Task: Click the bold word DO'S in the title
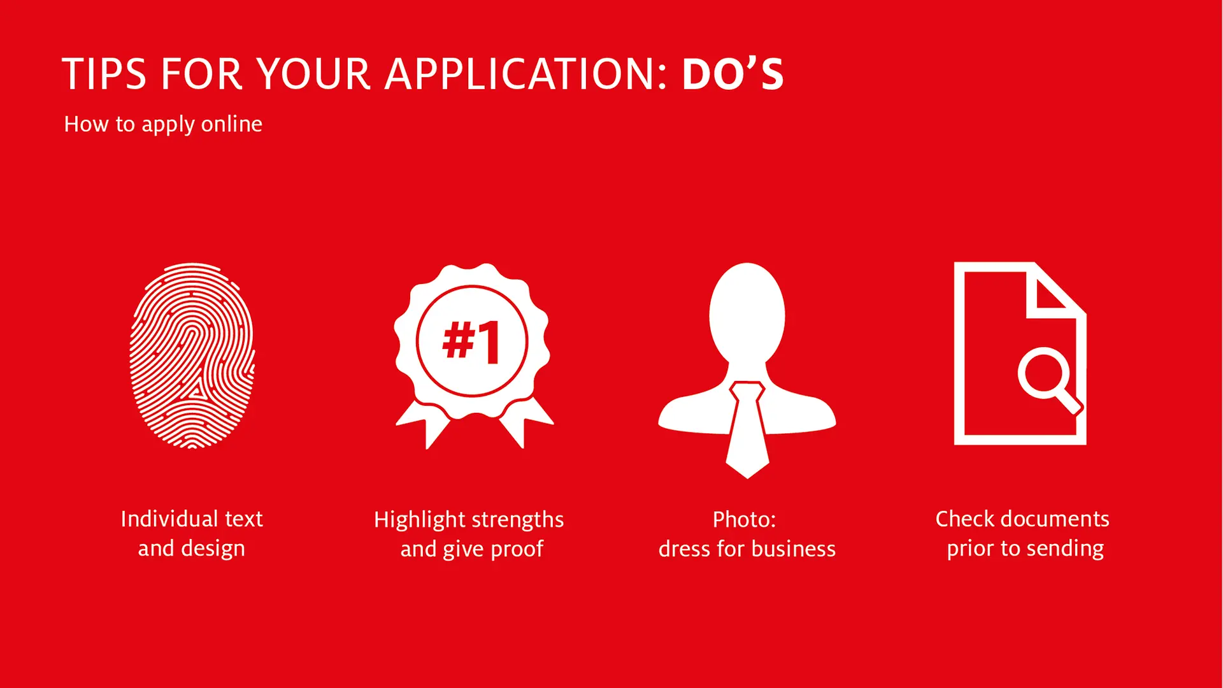733,74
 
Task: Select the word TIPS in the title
104,74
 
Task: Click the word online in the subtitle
231,124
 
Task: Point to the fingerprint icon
192,355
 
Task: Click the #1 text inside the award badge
471,341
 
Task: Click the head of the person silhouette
747,313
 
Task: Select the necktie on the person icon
747,430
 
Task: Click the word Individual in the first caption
164,519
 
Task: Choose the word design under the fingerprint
213,549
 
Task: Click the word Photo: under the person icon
744,520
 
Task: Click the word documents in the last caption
1055,519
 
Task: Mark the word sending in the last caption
1065,549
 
